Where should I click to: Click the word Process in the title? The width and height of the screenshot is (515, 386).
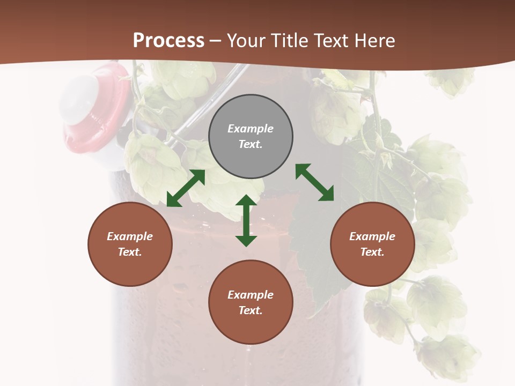tap(168, 41)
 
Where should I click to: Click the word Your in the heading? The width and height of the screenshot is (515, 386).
tap(246, 41)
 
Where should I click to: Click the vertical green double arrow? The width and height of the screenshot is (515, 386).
tap(246, 220)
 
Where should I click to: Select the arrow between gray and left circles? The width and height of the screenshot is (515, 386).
tap(186, 188)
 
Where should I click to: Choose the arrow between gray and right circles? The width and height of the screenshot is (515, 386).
tap(315, 182)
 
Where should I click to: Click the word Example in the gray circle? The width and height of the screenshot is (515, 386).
tap(251, 129)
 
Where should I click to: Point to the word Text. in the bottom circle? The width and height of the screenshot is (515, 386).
tap(251, 310)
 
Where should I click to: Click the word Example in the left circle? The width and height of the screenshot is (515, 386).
tap(130, 236)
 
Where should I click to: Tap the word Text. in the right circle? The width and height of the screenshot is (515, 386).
tap(372, 252)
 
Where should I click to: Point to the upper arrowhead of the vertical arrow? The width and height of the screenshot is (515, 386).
tap(246, 201)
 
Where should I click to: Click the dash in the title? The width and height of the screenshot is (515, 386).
tap(216, 41)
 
